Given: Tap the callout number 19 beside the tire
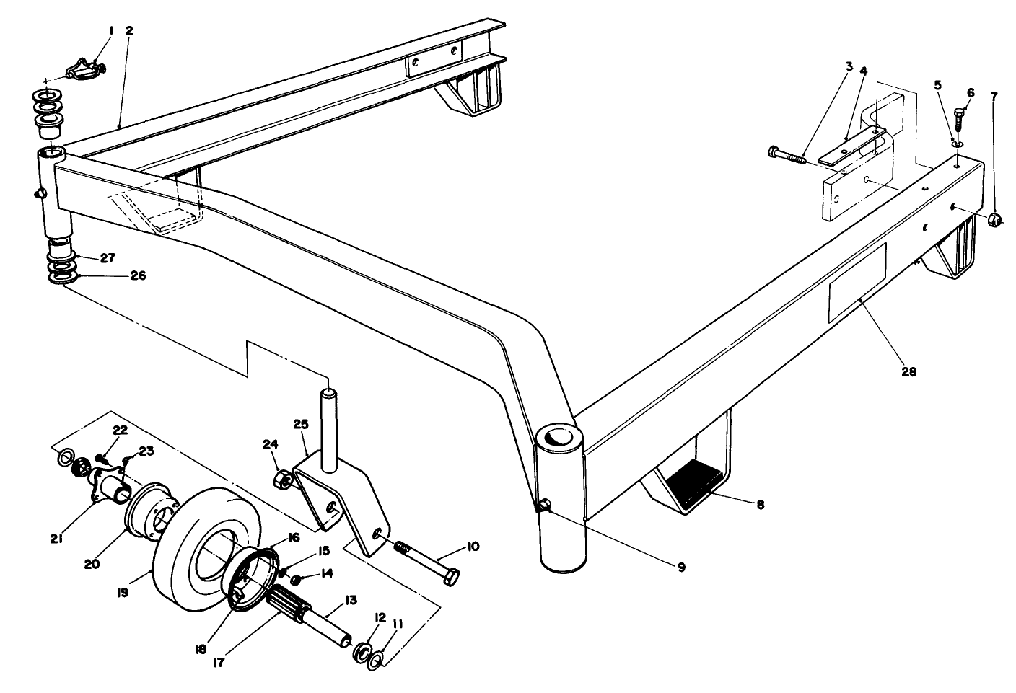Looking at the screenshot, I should [x=122, y=592].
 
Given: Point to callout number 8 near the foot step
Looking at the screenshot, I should [x=760, y=505].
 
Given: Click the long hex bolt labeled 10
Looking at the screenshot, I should [x=426, y=563].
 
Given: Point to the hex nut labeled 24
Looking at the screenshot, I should [x=284, y=479].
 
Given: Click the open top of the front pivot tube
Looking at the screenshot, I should [x=558, y=438].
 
